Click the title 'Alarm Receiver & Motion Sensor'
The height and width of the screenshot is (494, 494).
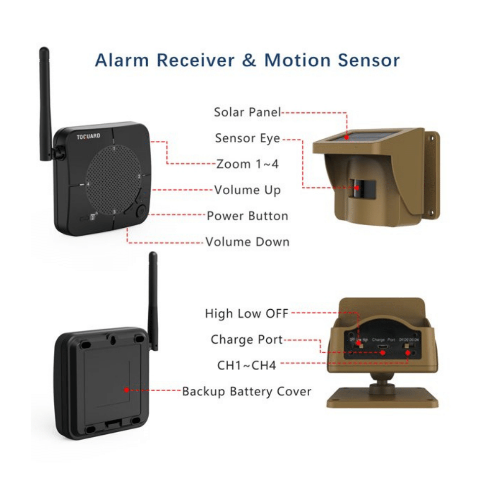point(247,60)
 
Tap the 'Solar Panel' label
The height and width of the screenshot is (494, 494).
point(247,112)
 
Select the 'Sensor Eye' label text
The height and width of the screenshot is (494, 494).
point(247,138)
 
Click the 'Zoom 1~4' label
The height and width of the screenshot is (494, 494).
point(247,164)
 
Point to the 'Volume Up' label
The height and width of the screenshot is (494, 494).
point(247,190)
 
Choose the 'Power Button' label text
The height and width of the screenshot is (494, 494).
point(247,216)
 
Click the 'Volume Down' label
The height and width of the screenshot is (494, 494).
point(247,242)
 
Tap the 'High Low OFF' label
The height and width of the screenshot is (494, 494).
point(247,313)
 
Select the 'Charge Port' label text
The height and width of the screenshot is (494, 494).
point(247,339)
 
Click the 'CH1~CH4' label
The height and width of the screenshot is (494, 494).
point(247,366)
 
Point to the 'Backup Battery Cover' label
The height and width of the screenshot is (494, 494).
point(247,392)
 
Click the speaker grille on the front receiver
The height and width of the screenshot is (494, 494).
point(113,178)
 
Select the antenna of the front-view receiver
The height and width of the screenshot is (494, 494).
point(45,99)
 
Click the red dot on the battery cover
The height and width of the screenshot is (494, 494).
point(127,390)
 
